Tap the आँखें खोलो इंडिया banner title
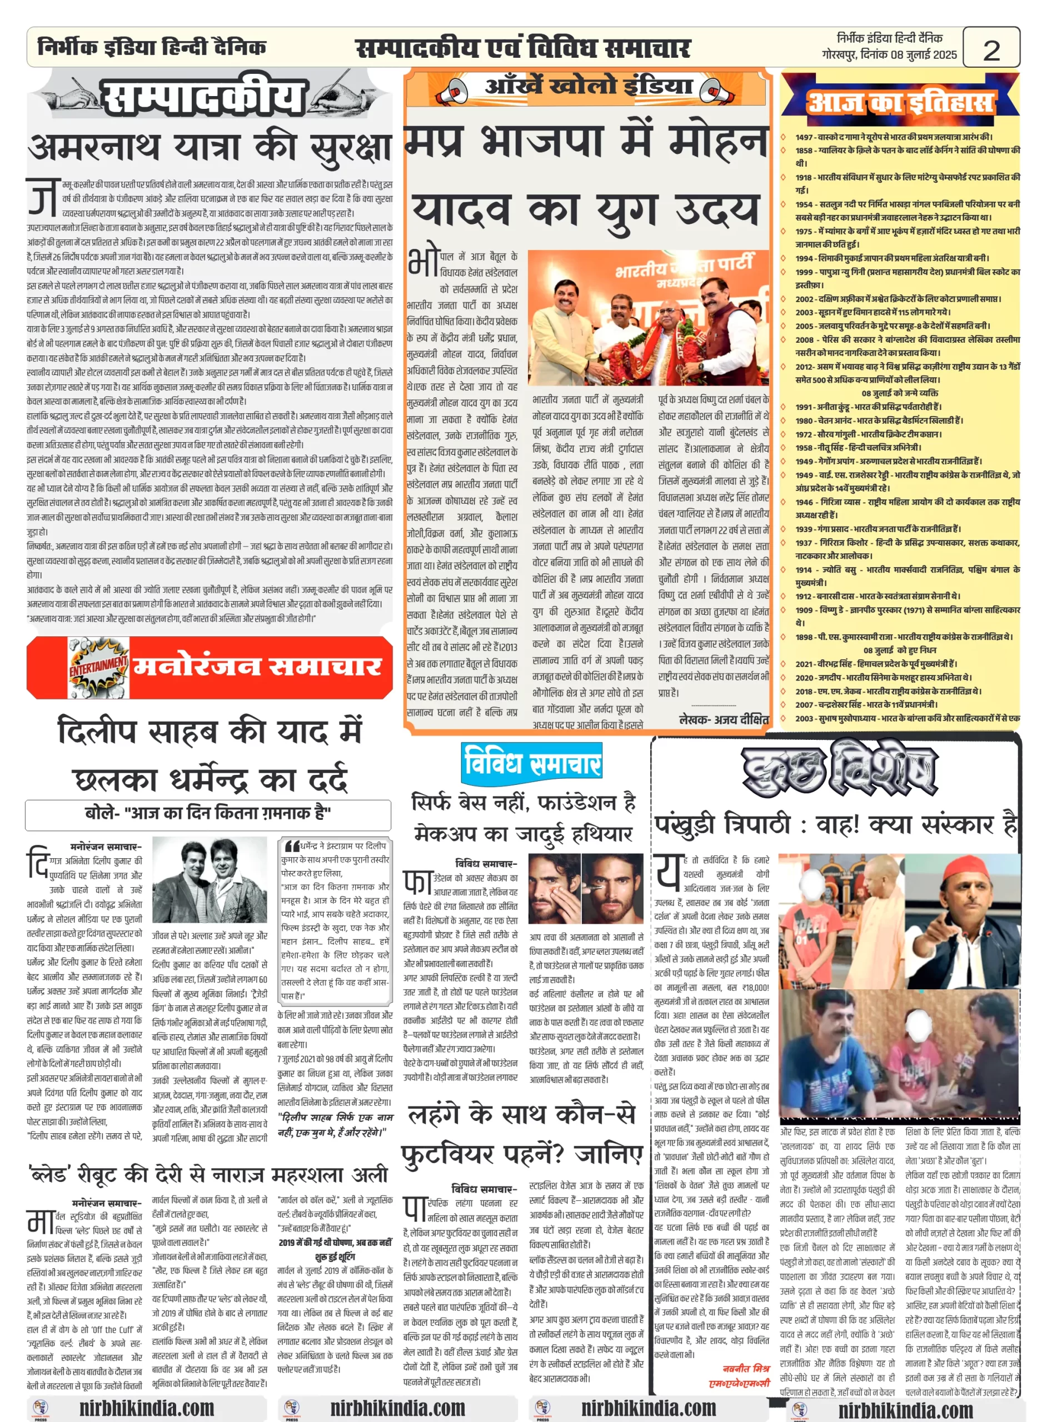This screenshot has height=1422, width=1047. [x=588, y=85]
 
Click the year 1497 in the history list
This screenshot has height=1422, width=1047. [x=804, y=137]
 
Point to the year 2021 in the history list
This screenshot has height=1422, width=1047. [x=804, y=664]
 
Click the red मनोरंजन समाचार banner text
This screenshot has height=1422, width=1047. [x=257, y=667]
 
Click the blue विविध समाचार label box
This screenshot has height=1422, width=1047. [x=532, y=763]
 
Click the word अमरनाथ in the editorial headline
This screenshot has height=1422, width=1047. [x=94, y=148]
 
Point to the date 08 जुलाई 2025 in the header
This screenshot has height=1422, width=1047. [x=924, y=55]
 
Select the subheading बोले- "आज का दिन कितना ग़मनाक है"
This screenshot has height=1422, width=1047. [x=208, y=813]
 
